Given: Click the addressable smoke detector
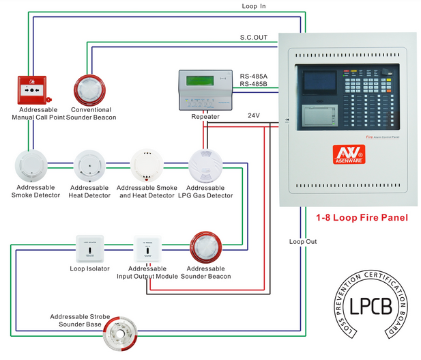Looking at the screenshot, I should click(29, 166).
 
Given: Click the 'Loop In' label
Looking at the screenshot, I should click(254, 6).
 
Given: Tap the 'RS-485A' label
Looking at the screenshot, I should click(253, 75).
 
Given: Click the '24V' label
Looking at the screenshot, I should click(254, 115).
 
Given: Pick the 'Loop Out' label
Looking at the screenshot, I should click(303, 241).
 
